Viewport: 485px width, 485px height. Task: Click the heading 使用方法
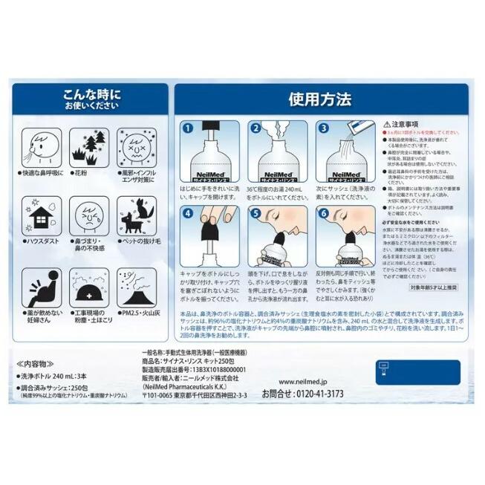coord(320,100)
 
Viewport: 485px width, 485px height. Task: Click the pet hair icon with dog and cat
coord(137,215)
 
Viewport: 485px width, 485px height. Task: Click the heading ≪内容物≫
coord(31,364)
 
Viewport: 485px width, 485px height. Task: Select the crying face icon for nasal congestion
coord(88,215)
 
